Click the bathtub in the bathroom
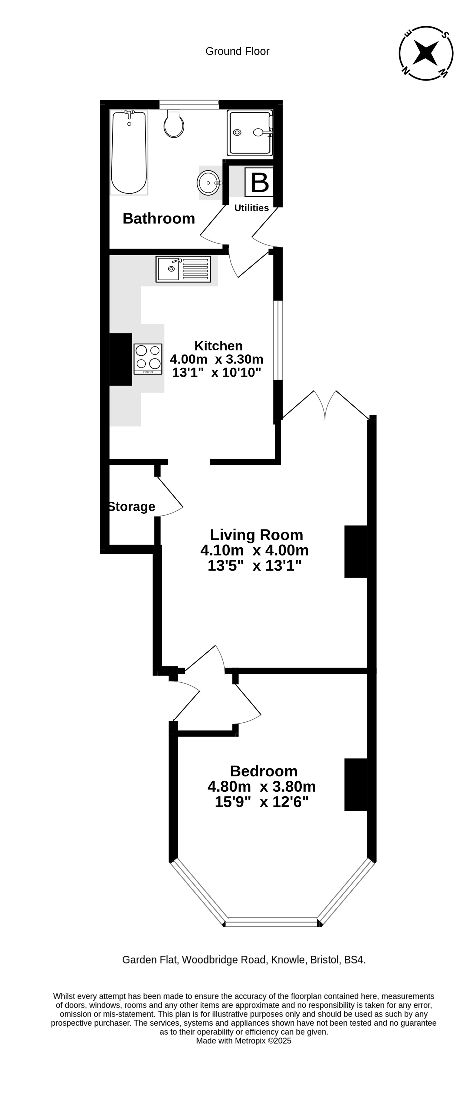tap(129, 152)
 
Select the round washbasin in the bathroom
tap(209, 183)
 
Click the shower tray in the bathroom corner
tap(250, 133)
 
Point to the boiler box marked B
tap(259, 182)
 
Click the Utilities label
tap(251, 208)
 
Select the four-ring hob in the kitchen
tap(148, 359)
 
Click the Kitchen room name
tap(218, 346)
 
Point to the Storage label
tap(132, 506)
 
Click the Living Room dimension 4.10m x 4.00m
tap(254, 550)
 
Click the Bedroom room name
tap(264, 771)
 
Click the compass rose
tap(426, 53)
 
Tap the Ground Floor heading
tap(237, 51)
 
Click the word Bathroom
tap(159, 218)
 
